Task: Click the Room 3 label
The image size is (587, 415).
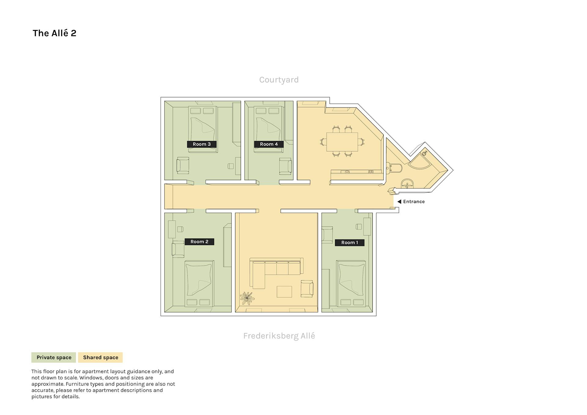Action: coord(202,144)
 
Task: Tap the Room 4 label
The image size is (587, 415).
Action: coord(269,144)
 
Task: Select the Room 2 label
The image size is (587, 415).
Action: coord(199,242)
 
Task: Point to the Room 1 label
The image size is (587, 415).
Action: coord(350,243)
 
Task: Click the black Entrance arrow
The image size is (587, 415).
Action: coord(399,202)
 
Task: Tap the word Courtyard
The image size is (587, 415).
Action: coord(279,80)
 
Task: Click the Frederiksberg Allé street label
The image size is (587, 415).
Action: coord(279,336)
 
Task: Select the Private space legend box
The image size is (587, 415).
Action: coord(54,358)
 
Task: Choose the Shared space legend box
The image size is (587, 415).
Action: coord(101,358)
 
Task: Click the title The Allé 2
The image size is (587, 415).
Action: coord(54,33)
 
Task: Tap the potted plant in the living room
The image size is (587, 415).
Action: coord(247,298)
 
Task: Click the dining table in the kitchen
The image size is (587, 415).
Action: coord(342,142)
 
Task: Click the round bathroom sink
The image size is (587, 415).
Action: coord(407,184)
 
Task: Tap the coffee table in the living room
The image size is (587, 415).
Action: coord(284,291)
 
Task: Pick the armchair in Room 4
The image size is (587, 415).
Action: coord(285,166)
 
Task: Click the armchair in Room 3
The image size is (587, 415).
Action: coord(183,165)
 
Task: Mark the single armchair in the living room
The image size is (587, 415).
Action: coord(307,289)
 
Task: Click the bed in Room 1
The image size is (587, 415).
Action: coord(351,284)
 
